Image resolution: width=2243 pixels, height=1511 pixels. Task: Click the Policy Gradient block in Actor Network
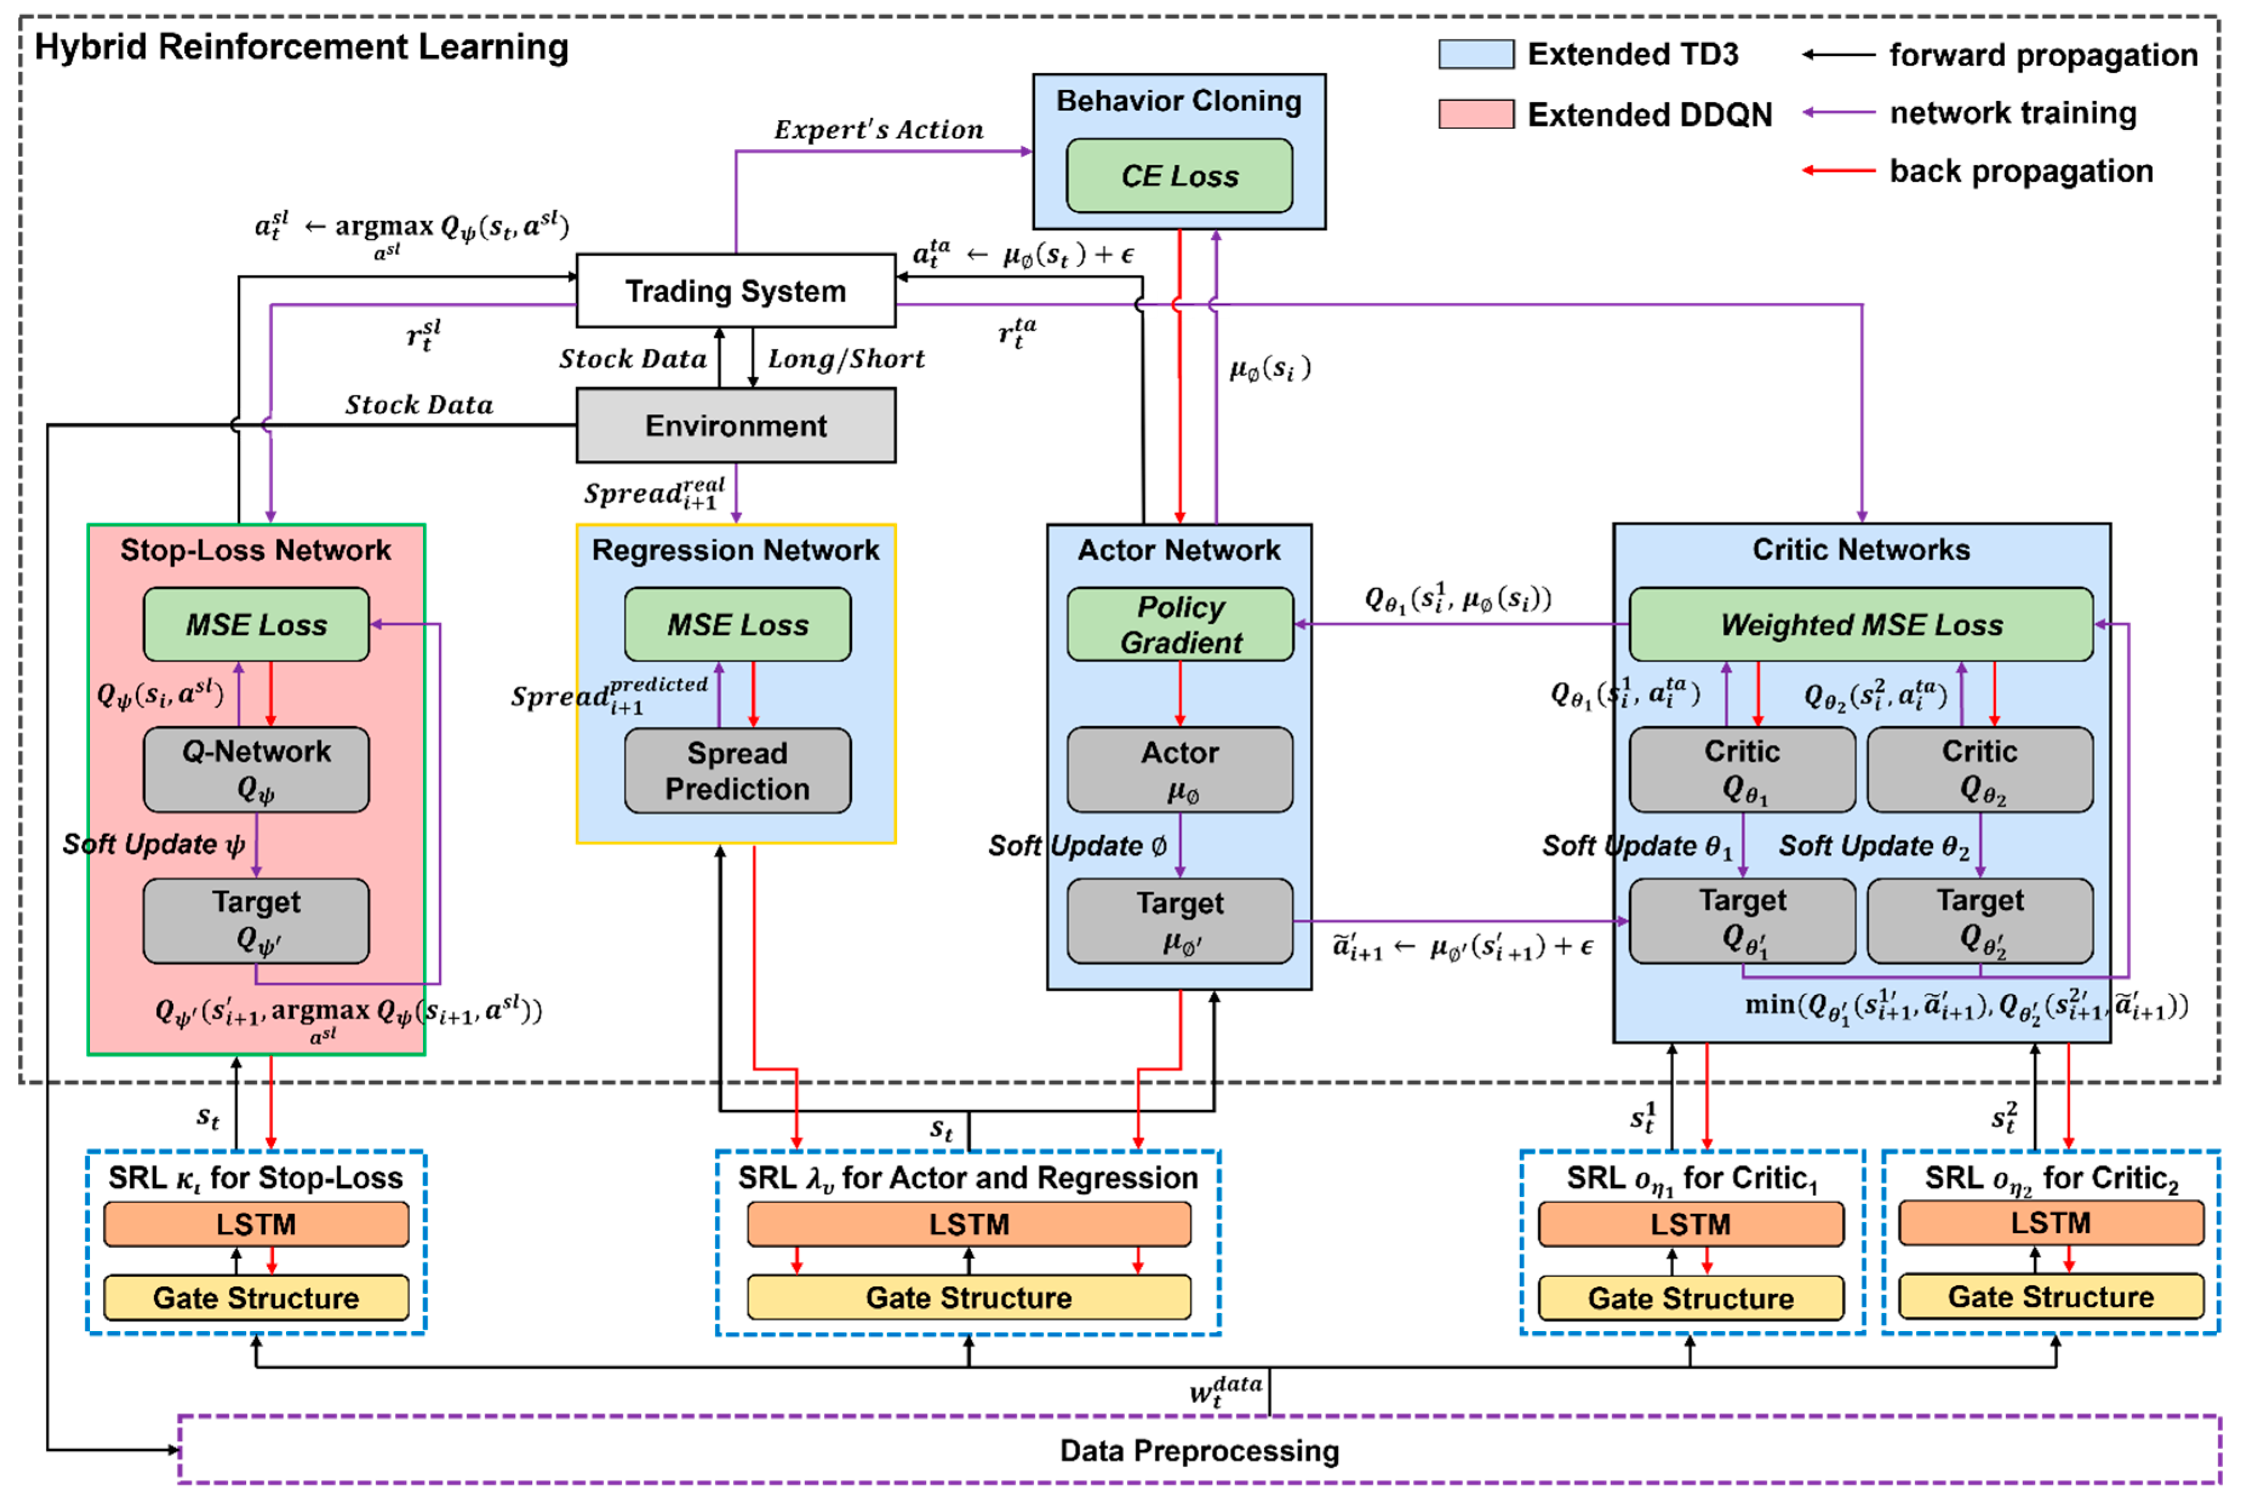pos(1180,625)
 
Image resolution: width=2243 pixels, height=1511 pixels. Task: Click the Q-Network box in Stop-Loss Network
pos(256,769)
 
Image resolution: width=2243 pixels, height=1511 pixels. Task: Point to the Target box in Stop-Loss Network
pos(256,921)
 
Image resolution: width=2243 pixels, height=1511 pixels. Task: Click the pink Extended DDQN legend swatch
pos(1475,114)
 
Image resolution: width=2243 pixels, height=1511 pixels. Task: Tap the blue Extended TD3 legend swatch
pos(1475,54)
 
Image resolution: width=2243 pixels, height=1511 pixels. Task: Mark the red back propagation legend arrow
pos(1838,171)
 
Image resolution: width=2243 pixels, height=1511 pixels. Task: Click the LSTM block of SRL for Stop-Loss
pos(256,1224)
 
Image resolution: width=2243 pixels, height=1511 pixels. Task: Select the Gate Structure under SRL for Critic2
pos(2051,1297)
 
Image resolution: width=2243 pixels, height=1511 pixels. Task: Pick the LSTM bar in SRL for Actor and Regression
pos(969,1224)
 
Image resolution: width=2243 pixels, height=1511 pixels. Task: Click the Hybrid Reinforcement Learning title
pos(301,47)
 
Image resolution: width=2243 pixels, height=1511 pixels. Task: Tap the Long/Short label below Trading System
pos(846,359)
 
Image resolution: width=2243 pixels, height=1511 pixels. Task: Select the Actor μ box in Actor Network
pos(1180,769)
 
